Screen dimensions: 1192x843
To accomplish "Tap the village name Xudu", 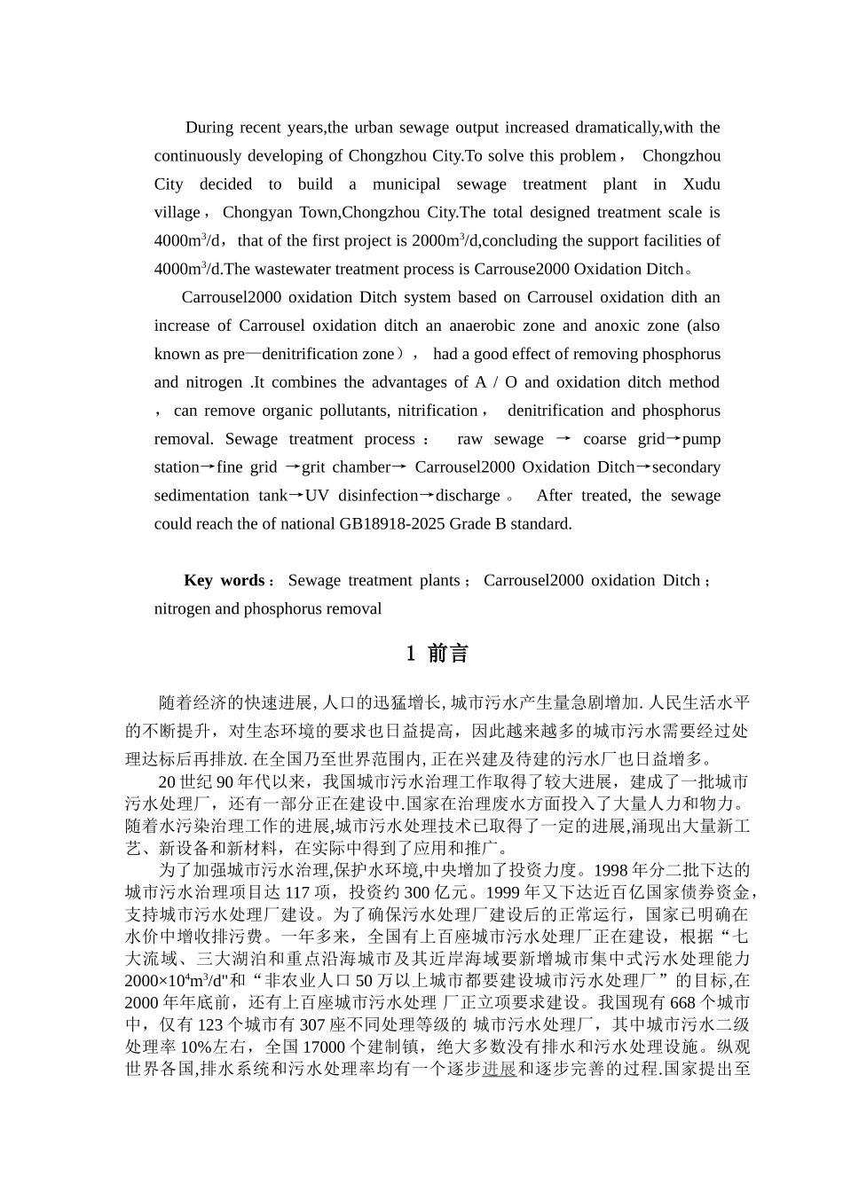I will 701,184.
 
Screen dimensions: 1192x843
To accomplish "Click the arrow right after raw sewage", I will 563,439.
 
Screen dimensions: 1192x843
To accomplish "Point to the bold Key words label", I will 224,581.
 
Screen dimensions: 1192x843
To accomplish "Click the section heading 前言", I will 448,655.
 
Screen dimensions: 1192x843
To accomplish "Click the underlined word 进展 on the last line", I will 499,1069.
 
